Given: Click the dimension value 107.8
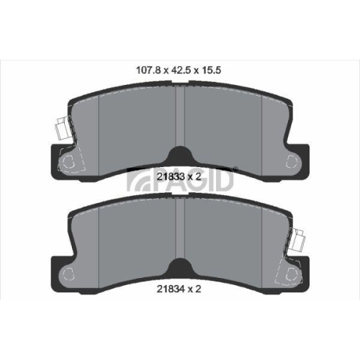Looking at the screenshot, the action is coord(148,71).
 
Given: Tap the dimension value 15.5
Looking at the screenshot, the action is coord(211,71).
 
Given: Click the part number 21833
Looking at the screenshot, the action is coord(171,177).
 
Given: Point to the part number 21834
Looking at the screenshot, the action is coord(171,289).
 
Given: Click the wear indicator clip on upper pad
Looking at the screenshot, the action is coord(63,128).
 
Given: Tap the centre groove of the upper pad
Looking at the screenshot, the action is coord(180,117).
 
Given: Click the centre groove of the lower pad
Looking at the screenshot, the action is coord(180,229).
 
